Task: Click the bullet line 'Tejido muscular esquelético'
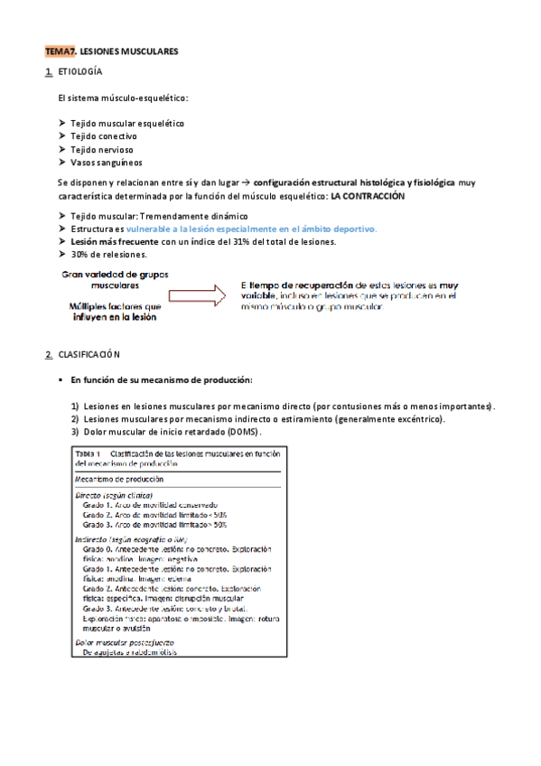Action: point(127,122)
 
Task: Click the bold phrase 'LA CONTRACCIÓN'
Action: point(368,196)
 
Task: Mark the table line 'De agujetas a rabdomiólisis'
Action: point(130,651)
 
